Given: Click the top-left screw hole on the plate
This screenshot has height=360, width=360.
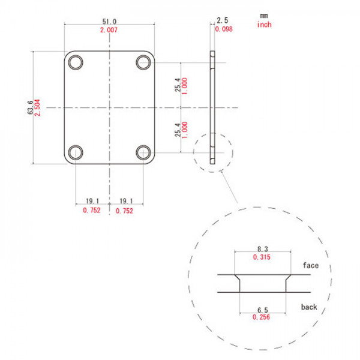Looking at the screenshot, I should (76, 62).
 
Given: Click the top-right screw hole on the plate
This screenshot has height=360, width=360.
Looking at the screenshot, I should (143, 62).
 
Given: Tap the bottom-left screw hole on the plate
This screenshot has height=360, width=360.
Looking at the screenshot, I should (76, 152).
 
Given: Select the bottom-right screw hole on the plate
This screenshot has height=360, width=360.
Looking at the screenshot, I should (143, 152).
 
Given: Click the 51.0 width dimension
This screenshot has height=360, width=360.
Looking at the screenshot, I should (110, 20).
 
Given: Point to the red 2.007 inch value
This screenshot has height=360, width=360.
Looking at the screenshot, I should (110, 29).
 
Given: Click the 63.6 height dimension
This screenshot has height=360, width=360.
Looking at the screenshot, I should (29, 107).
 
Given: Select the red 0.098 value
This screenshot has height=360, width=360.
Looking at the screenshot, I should (223, 29).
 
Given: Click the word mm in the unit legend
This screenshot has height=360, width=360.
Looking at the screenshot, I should (264, 15).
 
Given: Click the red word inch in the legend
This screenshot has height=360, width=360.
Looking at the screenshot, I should (265, 25).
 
